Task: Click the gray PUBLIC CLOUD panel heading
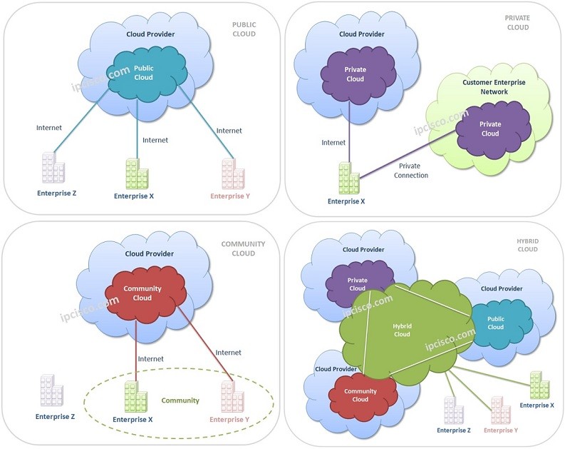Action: click(244, 29)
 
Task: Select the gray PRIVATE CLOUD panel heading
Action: click(517, 23)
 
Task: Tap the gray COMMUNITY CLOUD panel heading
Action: click(243, 248)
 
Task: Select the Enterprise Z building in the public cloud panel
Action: click(53, 168)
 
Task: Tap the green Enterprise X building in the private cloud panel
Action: click(348, 178)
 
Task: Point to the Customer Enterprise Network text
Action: click(494, 87)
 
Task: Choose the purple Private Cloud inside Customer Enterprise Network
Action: click(489, 128)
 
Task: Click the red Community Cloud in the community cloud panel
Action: click(142, 293)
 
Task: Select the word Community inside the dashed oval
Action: click(180, 400)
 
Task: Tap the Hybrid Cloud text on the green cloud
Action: click(403, 330)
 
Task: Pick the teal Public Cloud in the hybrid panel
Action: click(495, 323)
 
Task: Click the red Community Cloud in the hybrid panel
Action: click(361, 394)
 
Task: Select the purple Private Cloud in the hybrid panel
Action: click(358, 284)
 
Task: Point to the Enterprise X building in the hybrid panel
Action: click(539, 385)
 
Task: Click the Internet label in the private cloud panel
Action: click(333, 143)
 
